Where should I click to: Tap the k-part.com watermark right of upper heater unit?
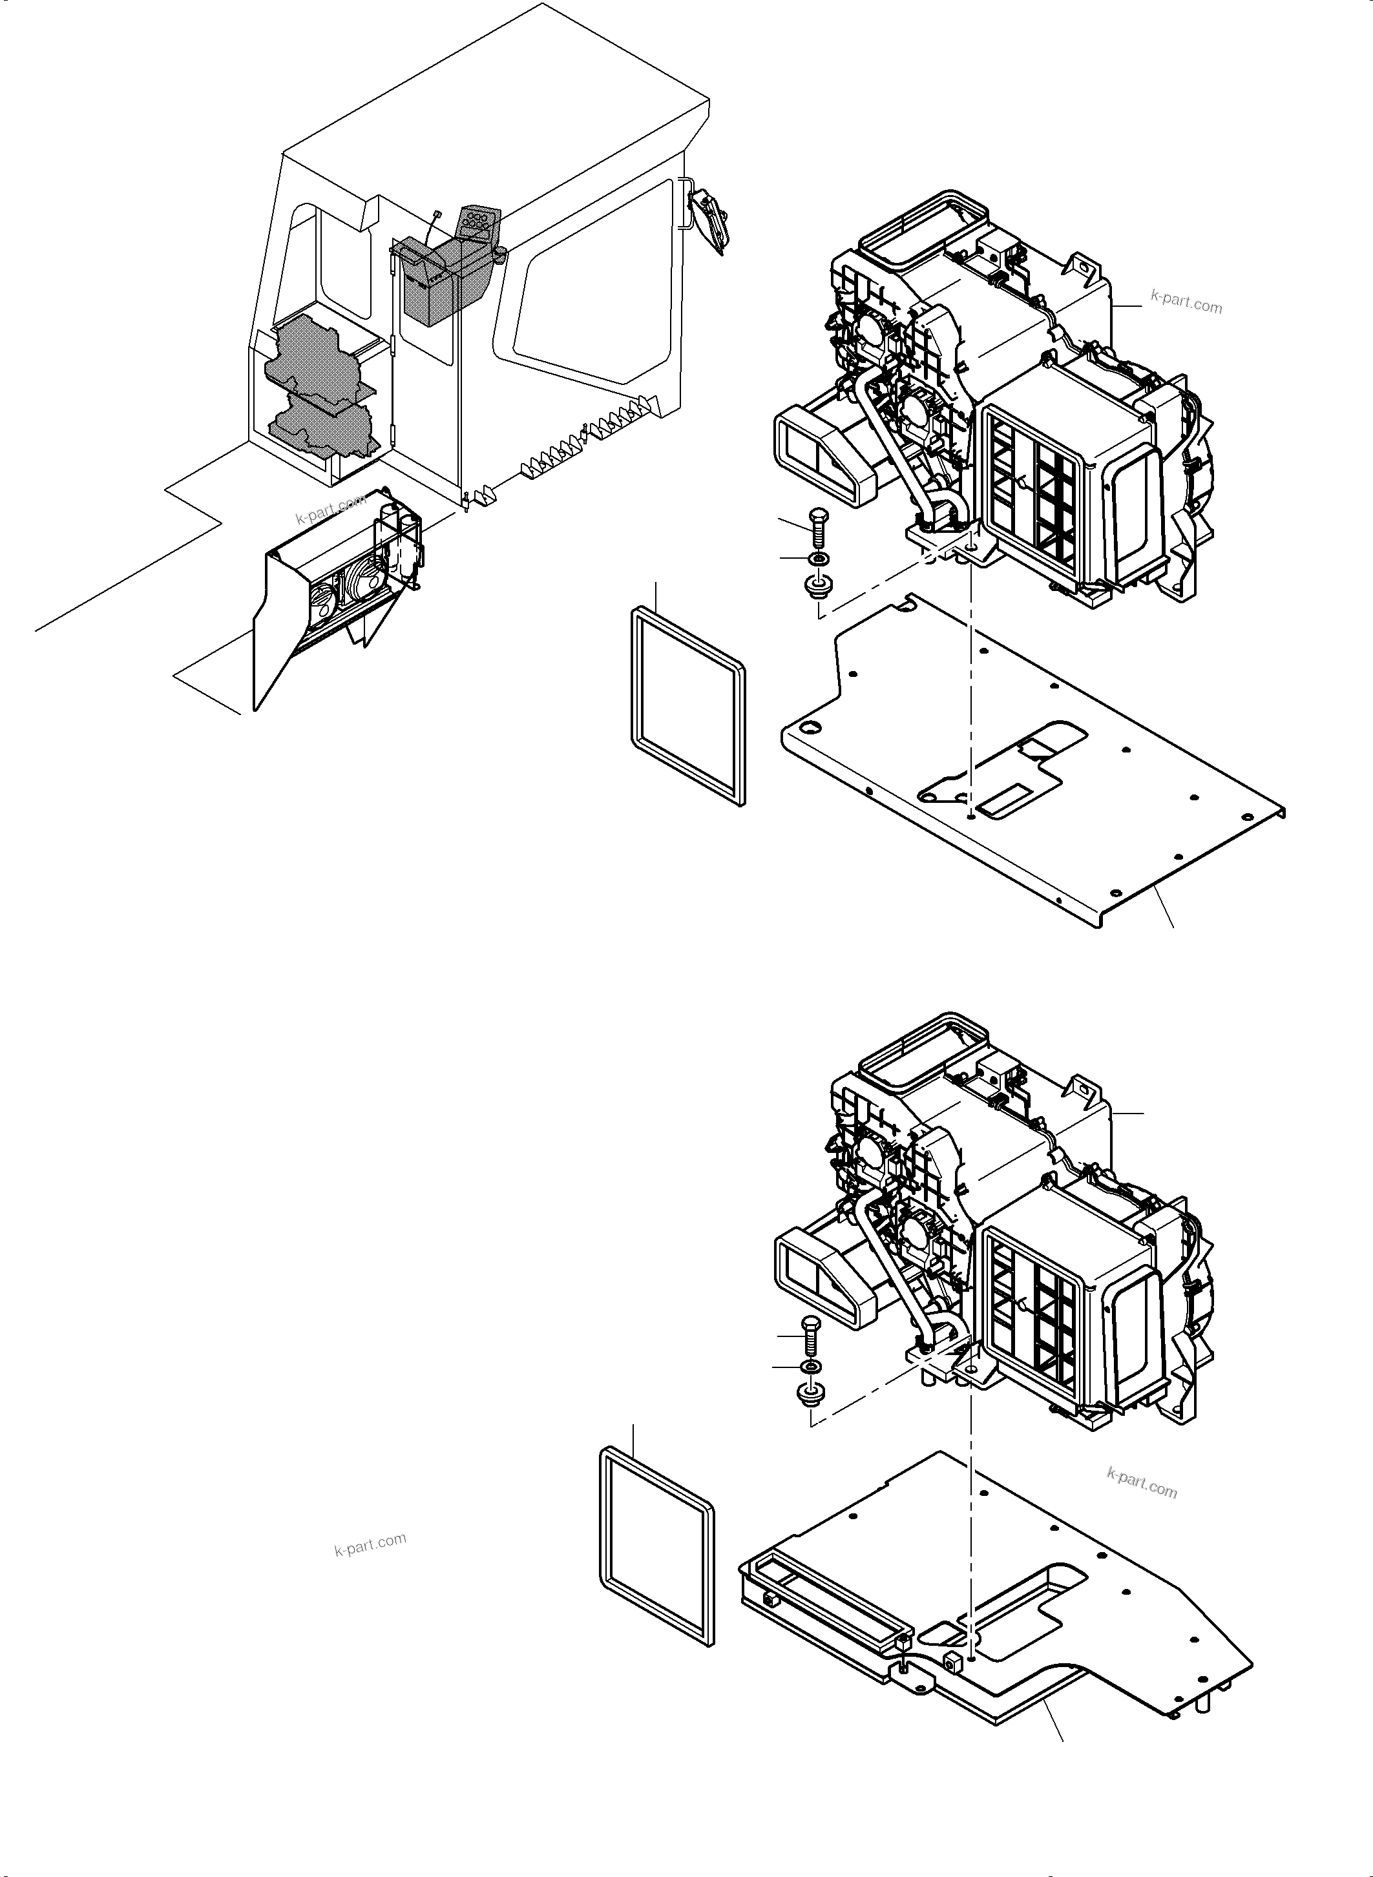click(1186, 302)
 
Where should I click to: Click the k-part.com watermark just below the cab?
click(330, 510)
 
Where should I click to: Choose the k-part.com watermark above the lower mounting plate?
click(1142, 1482)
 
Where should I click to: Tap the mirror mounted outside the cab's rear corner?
click(711, 216)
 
